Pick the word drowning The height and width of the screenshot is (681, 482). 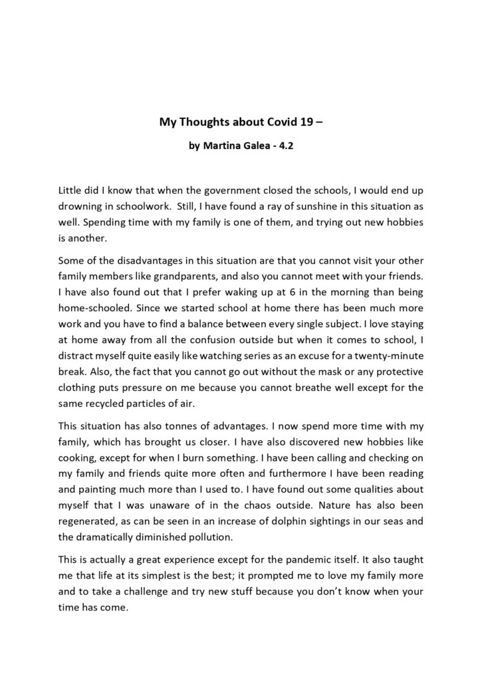[80, 205]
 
